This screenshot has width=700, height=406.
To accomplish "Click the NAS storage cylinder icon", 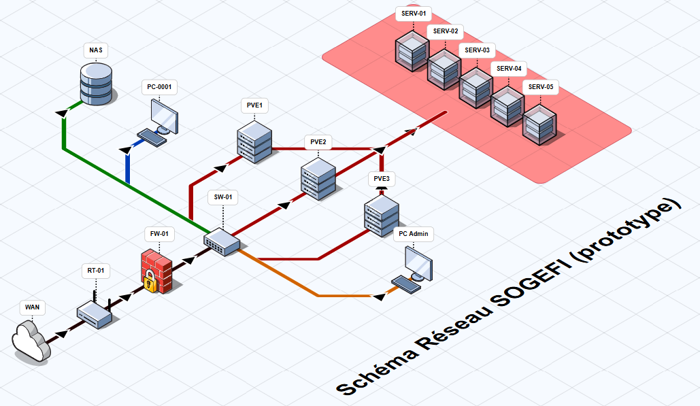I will click(96, 82).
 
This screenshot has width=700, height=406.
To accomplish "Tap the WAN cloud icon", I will click(31, 339).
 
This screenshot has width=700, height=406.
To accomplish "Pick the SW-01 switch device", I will click(222, 239).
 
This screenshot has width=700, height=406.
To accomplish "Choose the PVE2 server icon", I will click(318, 178).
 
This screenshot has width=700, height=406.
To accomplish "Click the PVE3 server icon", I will click(381, 214).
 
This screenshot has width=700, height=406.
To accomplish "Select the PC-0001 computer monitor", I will click(163, 116).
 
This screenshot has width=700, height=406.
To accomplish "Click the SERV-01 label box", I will click(413, 14).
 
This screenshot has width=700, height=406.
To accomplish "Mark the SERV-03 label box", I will click(477, 50).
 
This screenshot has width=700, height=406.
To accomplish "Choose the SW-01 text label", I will click(223, 198).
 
